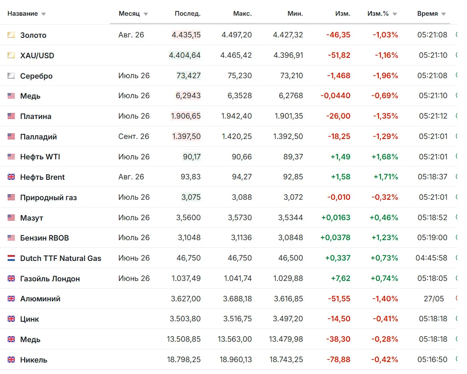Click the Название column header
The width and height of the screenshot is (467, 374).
click(22, 14)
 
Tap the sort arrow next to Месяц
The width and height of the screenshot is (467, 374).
click(145, 14)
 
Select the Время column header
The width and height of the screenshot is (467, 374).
click(428, 14)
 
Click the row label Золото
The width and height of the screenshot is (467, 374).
click(34, 35)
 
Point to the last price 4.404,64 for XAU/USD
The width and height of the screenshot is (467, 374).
click(185, 55)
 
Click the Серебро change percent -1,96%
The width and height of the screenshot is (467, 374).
click(386, 76)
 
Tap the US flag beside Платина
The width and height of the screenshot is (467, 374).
click(11, 116)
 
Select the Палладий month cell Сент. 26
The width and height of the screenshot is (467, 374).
click(134, 136)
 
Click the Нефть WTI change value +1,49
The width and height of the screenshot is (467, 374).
click(341, 157)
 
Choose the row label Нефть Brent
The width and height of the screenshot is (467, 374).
click(42, 177)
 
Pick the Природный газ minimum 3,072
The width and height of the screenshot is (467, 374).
click(293, 197)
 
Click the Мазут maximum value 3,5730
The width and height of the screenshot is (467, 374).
click(240, 218)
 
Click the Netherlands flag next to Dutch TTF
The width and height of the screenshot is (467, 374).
click(11, 258)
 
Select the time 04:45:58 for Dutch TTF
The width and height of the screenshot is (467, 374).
click(431, 258)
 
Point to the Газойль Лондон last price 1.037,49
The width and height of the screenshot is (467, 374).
click(186, 278)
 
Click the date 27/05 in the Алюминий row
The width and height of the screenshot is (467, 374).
click(433, 299)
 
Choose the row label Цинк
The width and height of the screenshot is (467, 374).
click(30, 319)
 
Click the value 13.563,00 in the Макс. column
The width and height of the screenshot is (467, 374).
click(235, 339)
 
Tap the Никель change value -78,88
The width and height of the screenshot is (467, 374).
click(338, 360)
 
